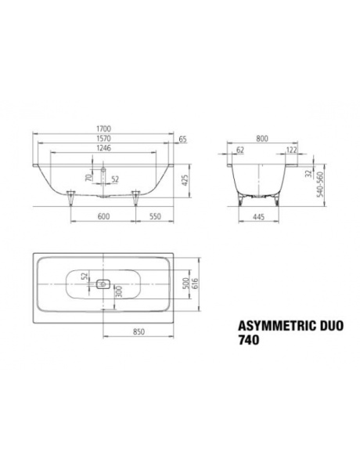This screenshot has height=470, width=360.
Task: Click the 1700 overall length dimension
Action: (103, 128)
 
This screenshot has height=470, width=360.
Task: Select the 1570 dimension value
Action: (103, 139)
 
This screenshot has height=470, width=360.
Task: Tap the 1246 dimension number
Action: (103, 148)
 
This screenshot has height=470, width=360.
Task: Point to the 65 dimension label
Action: (182, 139)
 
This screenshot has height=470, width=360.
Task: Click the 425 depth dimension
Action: (185, 180)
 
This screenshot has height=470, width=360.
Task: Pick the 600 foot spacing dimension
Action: (103, 216)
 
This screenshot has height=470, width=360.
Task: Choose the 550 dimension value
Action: (155, 216)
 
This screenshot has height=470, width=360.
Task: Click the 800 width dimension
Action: (262, 139)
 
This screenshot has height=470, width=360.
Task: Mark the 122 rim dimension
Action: (292, 150)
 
